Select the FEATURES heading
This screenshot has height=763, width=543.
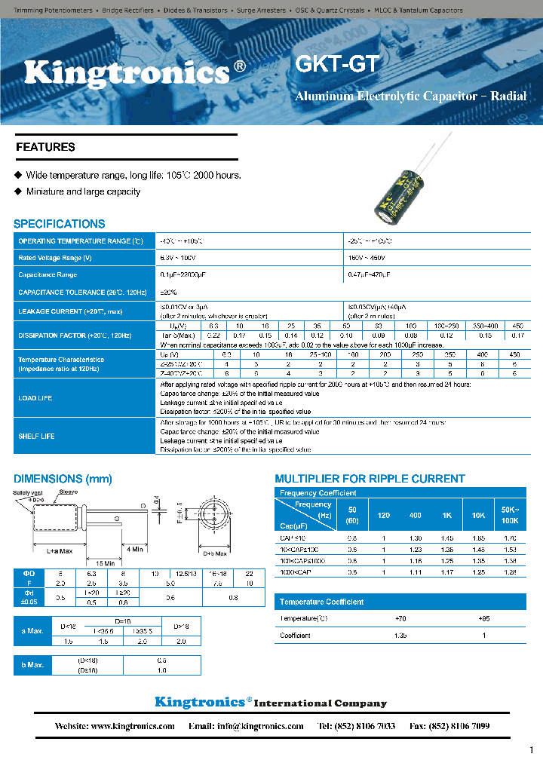click(x=45, y=147)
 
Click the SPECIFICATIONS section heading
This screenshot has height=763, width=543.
click(x=60, y=224)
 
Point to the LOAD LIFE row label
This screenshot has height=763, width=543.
click(x=35, y=398)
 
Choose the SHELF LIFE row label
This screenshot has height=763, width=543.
click(x=36, y=437)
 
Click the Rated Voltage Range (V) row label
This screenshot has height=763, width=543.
click(x=55, y=258)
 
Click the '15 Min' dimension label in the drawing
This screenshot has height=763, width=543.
click(x=105, y=562)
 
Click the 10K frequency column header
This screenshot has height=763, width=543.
click(x=478, y=515)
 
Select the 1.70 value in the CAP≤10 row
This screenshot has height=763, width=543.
click(x=510, y=538)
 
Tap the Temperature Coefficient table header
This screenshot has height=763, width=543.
click(x=321, y=602)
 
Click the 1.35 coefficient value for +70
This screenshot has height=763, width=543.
click(x=400, y=636)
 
